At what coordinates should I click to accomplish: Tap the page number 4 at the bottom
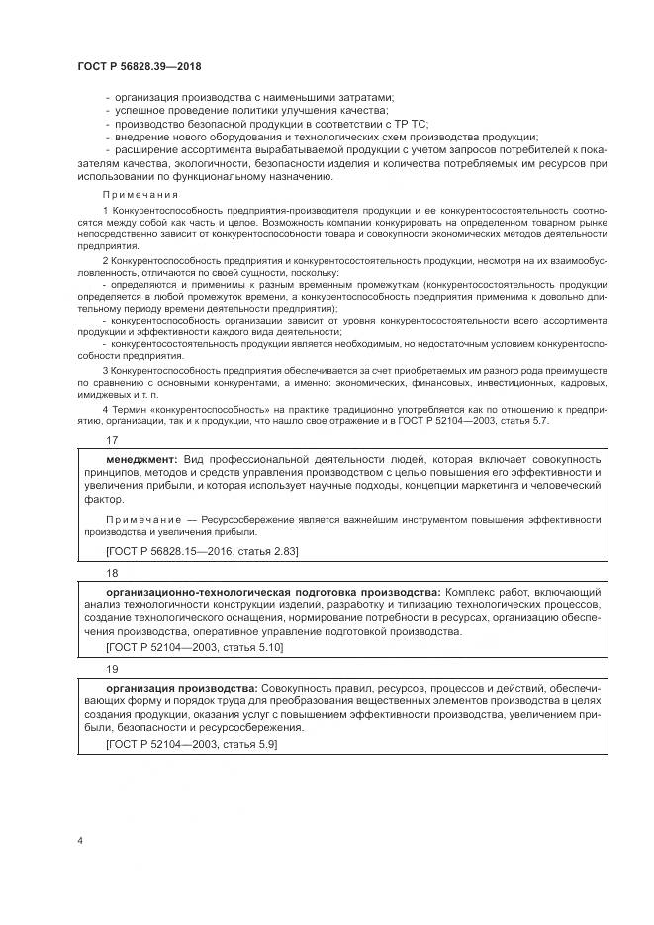pyautogui.click(x=79, y=841)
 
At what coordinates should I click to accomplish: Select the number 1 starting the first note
pyautogui.click(x=106, y=213)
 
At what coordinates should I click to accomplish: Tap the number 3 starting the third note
pyautogui.click(x=106, y=368)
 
